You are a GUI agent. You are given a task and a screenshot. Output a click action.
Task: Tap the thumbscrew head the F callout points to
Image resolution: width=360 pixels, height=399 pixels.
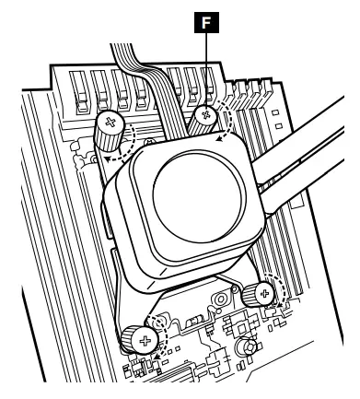coord(207,114)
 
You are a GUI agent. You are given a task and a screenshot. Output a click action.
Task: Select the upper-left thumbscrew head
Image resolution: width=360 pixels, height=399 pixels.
coord(110,122)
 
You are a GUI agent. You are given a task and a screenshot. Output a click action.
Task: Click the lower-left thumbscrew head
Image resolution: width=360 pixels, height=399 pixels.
coord(144,339)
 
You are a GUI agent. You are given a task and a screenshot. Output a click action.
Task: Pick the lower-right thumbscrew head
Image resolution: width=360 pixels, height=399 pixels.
coord(265,292)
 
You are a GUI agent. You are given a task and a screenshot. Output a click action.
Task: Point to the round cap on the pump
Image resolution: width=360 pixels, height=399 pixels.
coord(192,193)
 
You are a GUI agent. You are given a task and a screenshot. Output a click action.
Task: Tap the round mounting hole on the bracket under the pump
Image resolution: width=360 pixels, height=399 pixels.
coord(220,301)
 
